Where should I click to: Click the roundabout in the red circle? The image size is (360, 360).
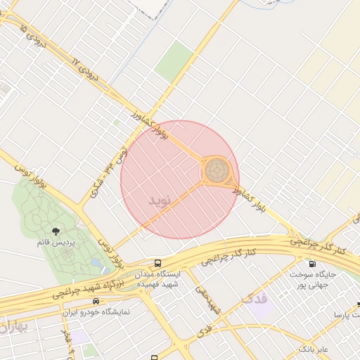click(x=217, y=171)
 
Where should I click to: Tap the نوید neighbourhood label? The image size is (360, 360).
click(x=160, y=200)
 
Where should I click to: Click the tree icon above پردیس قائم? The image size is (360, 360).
click(x=56, y=231)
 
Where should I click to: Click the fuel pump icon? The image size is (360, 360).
click(x=312, y=264)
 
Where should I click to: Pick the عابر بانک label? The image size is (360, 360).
click(x=313, y=348)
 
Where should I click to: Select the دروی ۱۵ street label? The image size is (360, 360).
click(x=32, y=36)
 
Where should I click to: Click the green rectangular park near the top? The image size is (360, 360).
click(x=174, y=60)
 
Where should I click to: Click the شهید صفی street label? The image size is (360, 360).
click(x=207, y=298)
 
